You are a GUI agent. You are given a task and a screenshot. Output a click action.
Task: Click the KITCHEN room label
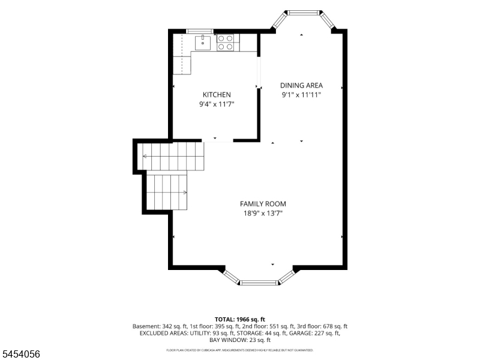pyautogui.click(x=217, y=95)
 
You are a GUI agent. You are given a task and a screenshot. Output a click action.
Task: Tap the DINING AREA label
pyautogui.click(x=302, y=85)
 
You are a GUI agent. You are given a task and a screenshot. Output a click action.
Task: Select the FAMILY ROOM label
pyautogui.click(x=263, y=204)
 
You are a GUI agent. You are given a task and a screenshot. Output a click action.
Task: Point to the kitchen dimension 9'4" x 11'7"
pyautogui.click(x=217, y=104)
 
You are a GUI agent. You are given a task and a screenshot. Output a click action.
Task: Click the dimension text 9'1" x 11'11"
pyautogui.click(x=301, y=95)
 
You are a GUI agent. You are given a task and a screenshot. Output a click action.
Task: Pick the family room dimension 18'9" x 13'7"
pyautogui.click(x=263, y=214)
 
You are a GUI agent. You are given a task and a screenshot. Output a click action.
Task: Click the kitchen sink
pyautogui.click(x=203, y=43)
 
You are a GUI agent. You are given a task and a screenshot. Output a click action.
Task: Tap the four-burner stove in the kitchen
pyautogui.click(x=226, y=42)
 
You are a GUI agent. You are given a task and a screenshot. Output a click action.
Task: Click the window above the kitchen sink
pyautogui.click(x=200, y=31)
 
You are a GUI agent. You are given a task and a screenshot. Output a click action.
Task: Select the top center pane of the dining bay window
pyautogui.click(x=303, y=13)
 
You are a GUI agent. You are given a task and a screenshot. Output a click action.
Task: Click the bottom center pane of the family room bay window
pyautogui.click(x=259, y=283)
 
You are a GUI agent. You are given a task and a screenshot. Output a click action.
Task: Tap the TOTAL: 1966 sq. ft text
pyautogui.click(x=239, y=320)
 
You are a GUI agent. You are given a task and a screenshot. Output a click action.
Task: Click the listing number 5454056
pyautogui.click(x=20, y=354)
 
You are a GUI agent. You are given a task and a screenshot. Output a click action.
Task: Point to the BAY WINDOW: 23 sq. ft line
pyautogui.click(x=240, y=340)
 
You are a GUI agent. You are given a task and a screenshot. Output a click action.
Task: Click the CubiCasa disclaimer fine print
pyautogui.click(x=239, y=350)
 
